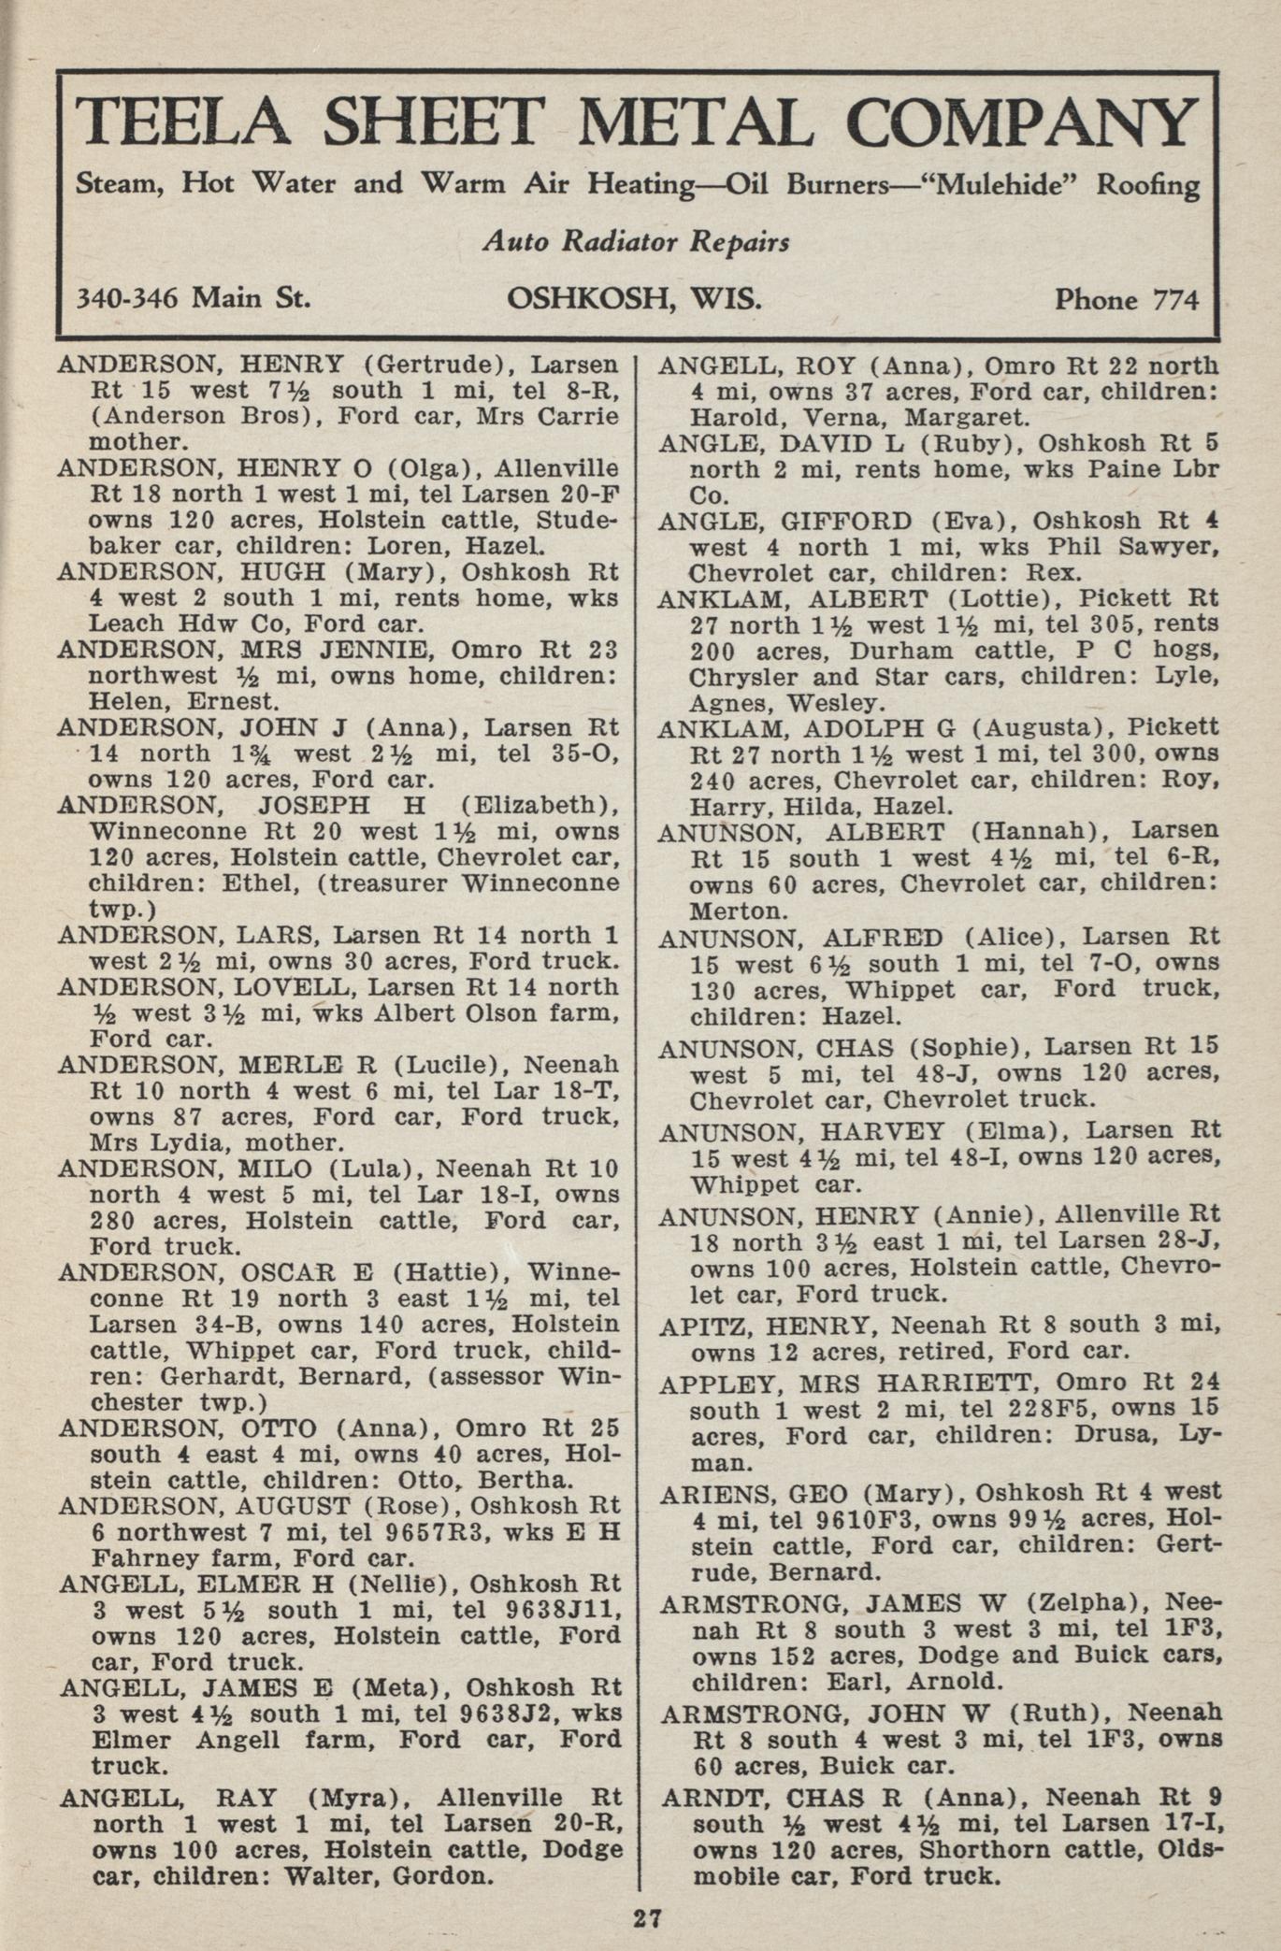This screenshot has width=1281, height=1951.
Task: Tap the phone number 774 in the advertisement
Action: [1175, 300]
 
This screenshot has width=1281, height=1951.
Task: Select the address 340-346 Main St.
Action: [192, 298]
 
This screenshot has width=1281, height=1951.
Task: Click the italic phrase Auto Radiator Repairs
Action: [636, 242]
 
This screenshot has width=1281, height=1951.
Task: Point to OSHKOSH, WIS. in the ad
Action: [634, 298]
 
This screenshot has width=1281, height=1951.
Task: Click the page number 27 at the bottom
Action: [647, 1918]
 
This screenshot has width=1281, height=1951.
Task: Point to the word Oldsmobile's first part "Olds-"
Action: [1189, 1850]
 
